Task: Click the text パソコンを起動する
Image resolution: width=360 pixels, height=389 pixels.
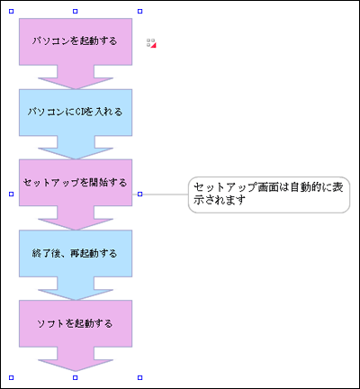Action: [75, 41]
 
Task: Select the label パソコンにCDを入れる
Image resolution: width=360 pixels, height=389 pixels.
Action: [75, 112]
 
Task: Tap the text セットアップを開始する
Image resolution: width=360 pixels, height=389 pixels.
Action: [75, 182]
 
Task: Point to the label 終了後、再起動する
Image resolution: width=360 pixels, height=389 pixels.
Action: [75, 253]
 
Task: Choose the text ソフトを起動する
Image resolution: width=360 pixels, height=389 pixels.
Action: [75, 323]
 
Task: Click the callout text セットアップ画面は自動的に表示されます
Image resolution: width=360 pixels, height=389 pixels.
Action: [268, 194]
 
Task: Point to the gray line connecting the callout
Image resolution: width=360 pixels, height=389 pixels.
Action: [165, 194]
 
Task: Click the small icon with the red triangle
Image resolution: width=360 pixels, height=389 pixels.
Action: [151, 43]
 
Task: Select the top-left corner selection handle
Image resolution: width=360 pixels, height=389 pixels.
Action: [12, 12]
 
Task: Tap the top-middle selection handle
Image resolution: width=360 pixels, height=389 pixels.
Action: [76, 12]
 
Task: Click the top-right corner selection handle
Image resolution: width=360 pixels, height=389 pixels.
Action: [139, 12]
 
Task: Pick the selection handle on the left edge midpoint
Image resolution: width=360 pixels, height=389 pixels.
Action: [12, 194]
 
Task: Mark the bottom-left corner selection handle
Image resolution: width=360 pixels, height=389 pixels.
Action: [12, 377]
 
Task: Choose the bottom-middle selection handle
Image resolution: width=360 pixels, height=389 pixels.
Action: [76, 377]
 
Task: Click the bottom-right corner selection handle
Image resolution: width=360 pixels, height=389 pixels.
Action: [139, 377]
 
